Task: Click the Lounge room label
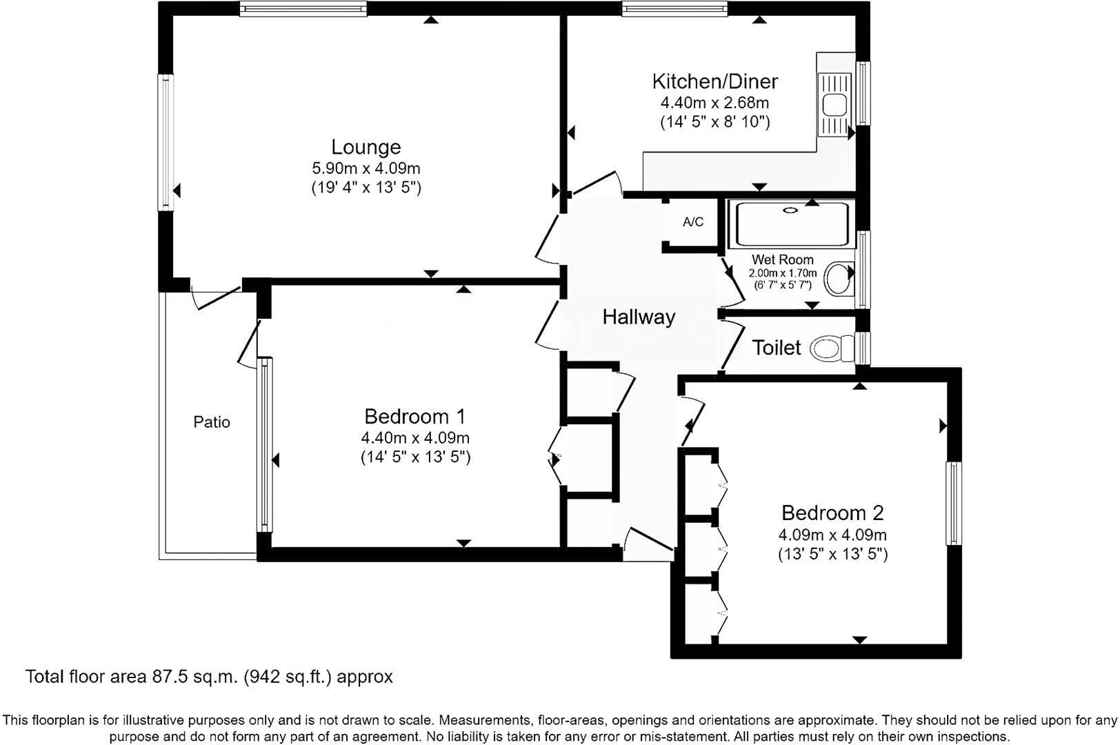[x=366, y=147]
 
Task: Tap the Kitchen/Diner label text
[x=714, y=81]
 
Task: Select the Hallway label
[x=639, y=317]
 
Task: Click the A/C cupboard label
[x=692, y=222]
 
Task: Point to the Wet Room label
[x=782, y=260]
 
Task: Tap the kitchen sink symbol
[x=835, y=105]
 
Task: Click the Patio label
[x=212, y=422]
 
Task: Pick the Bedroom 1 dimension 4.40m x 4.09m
[x=415, y=438]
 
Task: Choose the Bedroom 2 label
[x=832, y=513]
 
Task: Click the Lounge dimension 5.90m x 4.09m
[x=366, y=168]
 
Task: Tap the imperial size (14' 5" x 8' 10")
[x=714, y=123]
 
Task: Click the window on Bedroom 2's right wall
[x=953, y=504]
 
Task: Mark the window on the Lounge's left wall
[x=166, y=142]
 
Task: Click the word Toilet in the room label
[x=777, y=348]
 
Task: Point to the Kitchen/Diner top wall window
[x=674, y=9]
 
